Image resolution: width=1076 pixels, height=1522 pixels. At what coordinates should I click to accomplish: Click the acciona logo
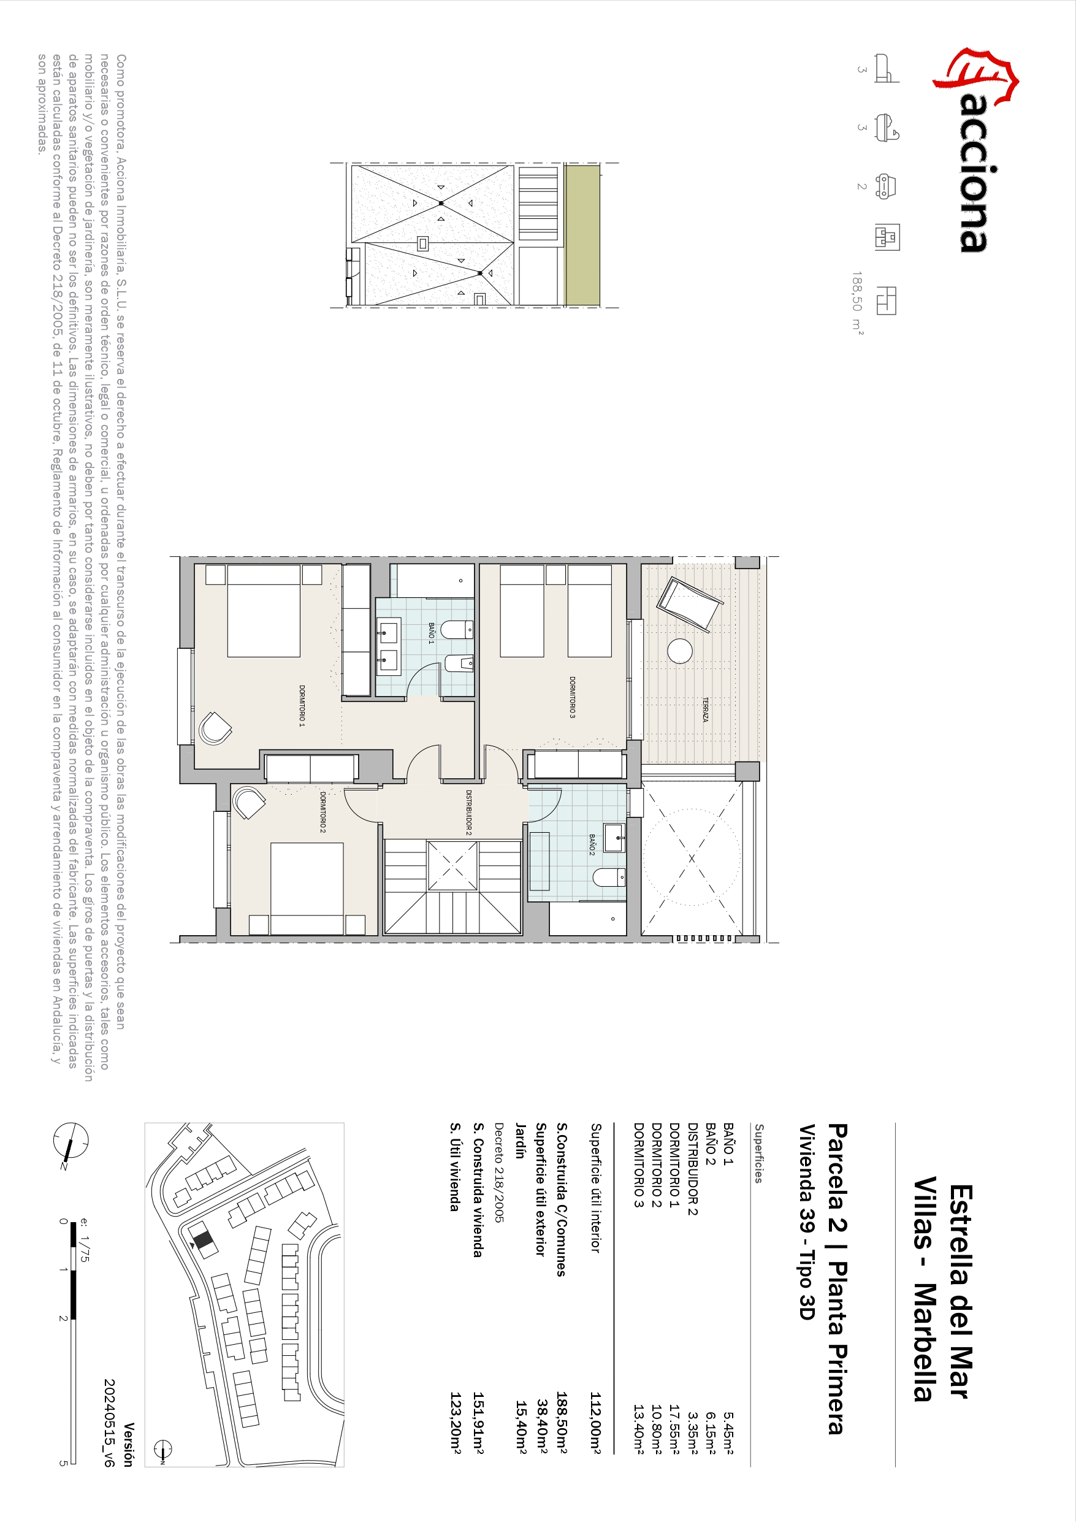click(975, 149)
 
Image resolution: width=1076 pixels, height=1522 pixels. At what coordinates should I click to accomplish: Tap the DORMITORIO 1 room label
click(302, 706)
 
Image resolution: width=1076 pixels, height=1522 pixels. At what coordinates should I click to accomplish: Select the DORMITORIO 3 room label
click(572, 697)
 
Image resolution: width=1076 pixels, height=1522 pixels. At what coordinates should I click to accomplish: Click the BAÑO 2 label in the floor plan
click(592, 845)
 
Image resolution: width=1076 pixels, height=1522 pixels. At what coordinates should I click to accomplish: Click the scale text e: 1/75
click(84, 1239)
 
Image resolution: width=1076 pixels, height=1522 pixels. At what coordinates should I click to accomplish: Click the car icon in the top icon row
click(887, 186)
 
